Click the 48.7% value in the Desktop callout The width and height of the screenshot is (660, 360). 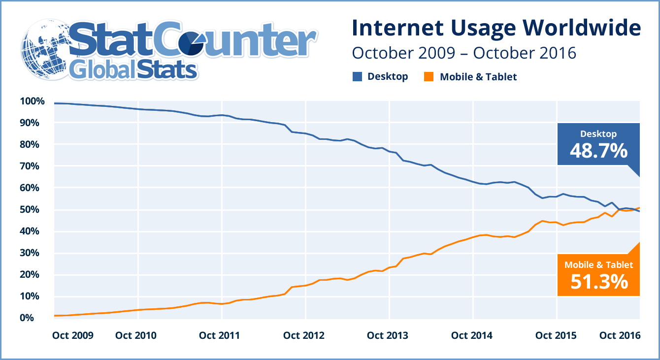click(598, 151)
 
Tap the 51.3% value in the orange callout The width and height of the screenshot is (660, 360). click(598, 282)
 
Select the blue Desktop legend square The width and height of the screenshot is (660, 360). click(358, 76)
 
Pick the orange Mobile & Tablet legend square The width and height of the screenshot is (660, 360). click(429, 77)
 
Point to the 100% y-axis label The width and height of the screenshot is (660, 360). click(33, 101)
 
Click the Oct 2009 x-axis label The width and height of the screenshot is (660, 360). click(72, 335)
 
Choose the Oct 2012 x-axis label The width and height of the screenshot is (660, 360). click(304, 335)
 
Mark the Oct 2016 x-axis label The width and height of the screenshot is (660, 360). click(620, 335)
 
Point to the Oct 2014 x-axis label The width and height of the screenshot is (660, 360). click(472, 335)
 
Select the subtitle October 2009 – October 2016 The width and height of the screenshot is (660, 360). click(463, 53)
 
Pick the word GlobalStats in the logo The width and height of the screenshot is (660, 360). click(133, 69)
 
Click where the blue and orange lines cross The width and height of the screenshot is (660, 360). click(620, 210)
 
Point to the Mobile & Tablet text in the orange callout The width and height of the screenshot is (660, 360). click(598, 265)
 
